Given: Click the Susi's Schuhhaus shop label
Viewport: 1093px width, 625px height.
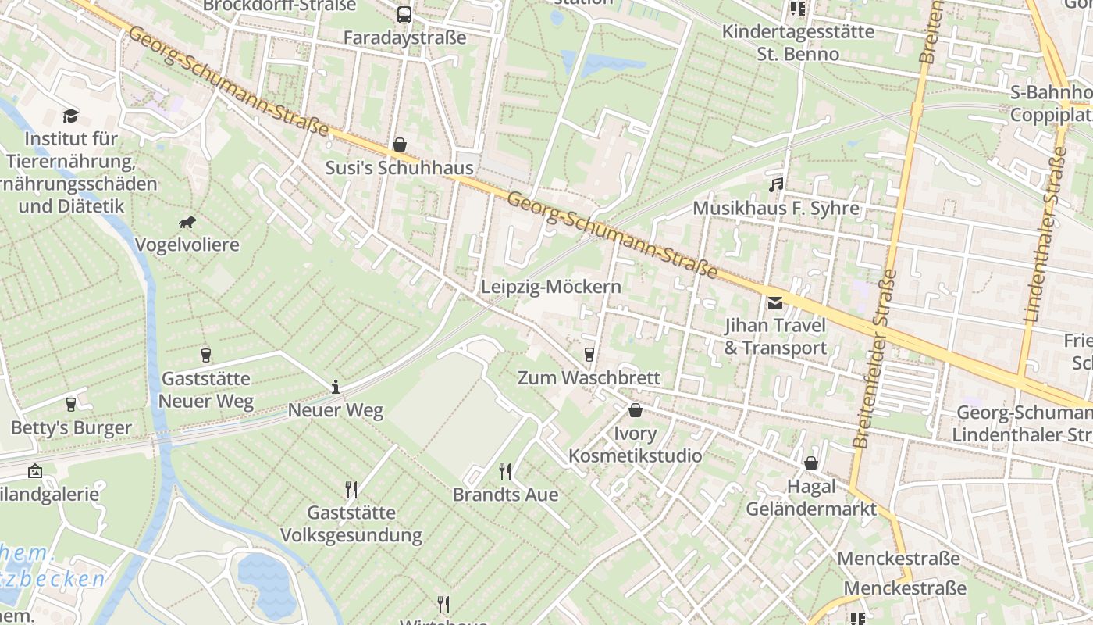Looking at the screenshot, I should (x=400, y=168).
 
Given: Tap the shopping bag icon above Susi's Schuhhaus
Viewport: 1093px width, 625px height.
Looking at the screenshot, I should (x=400, y=145).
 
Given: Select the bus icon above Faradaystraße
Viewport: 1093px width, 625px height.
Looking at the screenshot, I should (x=404, y=14).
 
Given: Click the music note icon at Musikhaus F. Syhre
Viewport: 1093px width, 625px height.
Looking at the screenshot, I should (x=775, y=185).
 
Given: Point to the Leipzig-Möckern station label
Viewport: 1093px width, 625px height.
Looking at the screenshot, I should (x=551, y=287).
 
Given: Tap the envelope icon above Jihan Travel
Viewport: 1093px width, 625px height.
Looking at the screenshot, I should (x=774, y=303).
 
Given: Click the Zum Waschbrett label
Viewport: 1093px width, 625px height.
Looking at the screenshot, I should (x=589, y=378).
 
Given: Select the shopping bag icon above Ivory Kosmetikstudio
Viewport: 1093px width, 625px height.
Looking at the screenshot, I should (x=636, y=410).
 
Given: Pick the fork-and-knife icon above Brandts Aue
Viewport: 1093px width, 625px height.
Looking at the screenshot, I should (x=505, y=471).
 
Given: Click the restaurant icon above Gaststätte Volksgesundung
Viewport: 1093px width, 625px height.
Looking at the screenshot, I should (x=351, y=490).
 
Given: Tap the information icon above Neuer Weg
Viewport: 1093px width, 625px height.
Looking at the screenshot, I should (x=336, y=387).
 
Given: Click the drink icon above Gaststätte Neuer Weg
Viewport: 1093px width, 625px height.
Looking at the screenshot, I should (x=206, y=355).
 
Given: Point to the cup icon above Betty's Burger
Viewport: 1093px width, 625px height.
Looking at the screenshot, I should (x=71, y=405).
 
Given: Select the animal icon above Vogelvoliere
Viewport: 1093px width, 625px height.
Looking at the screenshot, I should (x=187, y=223).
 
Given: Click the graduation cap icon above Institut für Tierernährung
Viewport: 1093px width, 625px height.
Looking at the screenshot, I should (x=71, y=116).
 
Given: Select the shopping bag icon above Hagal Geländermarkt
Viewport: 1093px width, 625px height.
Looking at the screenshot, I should (x=811, y=463).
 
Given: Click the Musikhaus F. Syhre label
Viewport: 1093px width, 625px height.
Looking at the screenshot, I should (x=776, y=209).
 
